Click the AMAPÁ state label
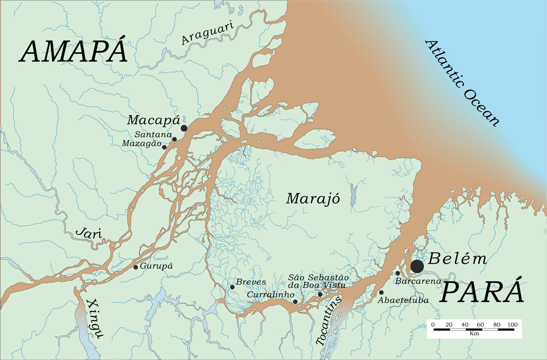click(73, 51)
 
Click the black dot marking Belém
click(417, 266)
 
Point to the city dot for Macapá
click(184, 129)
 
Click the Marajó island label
click(313, 199)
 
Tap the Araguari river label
click(208, 34)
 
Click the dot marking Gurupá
click(135, 267)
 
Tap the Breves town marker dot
click(232, 287)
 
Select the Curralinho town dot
click(295, 302)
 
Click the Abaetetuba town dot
click(381, 293)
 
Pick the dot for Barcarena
click(397, 273)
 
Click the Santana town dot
click(174, 139)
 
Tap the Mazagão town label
click(142, 144)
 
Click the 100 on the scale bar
click(512, 324)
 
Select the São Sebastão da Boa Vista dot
click(320, 294)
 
